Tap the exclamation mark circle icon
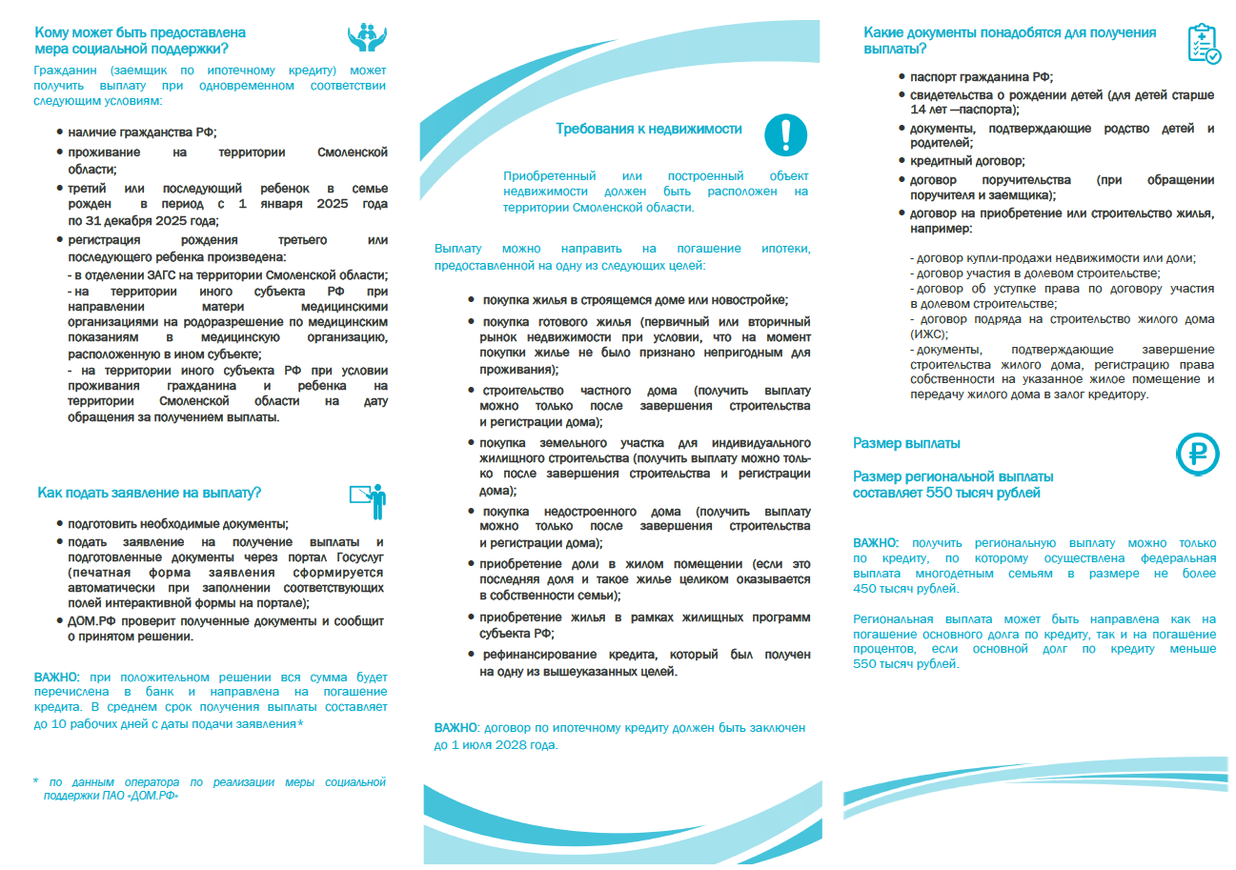pyautogui.click(x=785, y=134)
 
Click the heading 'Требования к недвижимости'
pyautogui.click(x=649, y=129)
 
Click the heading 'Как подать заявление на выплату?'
pyautogui.click(x=150, y=493)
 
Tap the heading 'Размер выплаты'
pyautogui.click(x=906, y=443)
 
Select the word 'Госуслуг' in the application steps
pyautogui.click(x=355, y=557)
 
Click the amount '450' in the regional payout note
pyautogui.click(x=869, y=590)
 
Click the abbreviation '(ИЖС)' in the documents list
pyautogui.click(x=931, y=334)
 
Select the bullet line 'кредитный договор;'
pyautogui.click(x=967, y=162)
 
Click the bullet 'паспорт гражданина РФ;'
pyautogui.click(x=982, y=77)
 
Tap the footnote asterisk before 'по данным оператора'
pyautogui.click(x=35, y=781)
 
